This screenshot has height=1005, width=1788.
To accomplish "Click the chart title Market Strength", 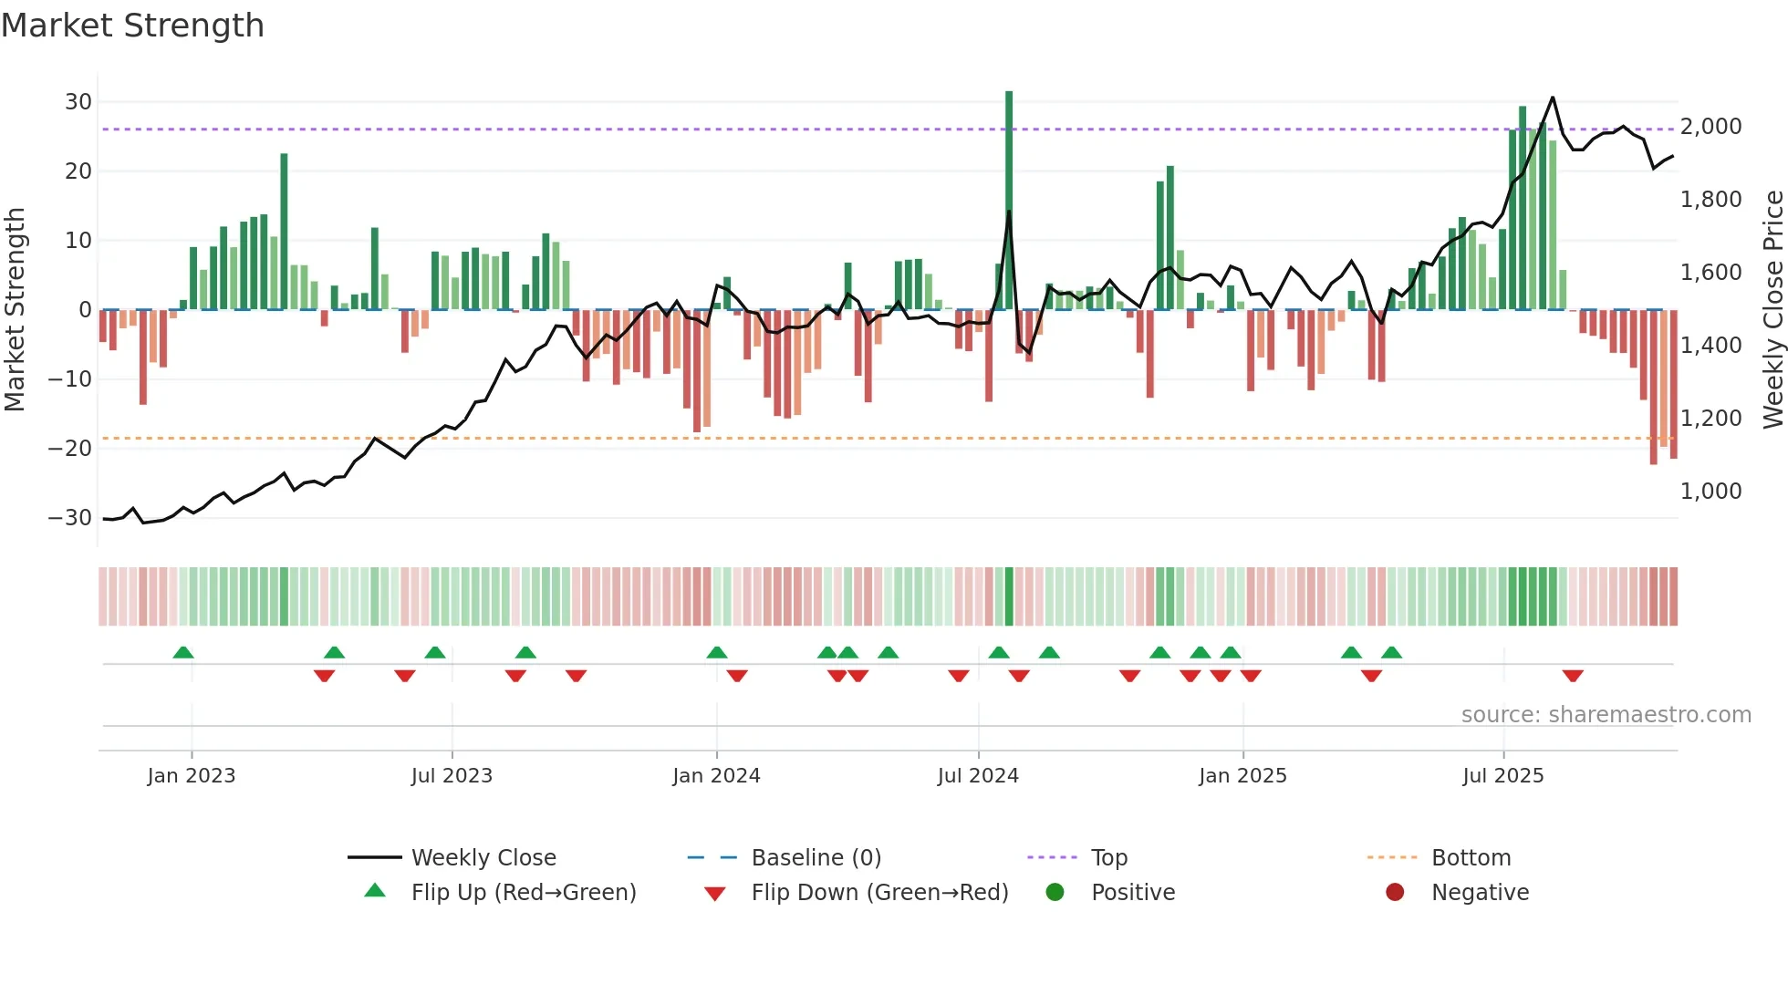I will [132, 26].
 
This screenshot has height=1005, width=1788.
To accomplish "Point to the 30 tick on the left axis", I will [78, 101].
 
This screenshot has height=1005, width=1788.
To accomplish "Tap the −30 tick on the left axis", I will [70, 517].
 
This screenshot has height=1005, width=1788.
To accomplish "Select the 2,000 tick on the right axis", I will [1710, 126].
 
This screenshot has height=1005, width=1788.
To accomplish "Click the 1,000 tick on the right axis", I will [1710, 491].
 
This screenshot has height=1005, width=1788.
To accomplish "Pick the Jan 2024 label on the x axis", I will [716, 775].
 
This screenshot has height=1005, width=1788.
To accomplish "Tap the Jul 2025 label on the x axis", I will [1502, 775].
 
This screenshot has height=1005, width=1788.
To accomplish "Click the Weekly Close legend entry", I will [483, 857].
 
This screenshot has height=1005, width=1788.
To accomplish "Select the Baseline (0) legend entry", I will [816, 857].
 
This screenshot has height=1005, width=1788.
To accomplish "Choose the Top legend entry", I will [1108, 857].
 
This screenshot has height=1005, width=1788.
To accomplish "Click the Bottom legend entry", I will [1471, 857].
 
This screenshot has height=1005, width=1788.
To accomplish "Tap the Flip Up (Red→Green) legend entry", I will [523, 892].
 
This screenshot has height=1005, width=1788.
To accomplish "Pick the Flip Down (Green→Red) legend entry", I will [879, 892].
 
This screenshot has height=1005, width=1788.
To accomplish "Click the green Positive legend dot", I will [1055, 892].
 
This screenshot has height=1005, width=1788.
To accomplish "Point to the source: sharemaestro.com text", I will [1606, 714].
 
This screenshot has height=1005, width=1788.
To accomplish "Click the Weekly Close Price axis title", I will [1772, 309].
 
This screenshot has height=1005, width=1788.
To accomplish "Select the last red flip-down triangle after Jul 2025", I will [1573, 676].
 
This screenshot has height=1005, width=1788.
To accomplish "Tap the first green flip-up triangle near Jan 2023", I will [183, 652].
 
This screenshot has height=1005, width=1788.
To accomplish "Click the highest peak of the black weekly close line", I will [1553, 98].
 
